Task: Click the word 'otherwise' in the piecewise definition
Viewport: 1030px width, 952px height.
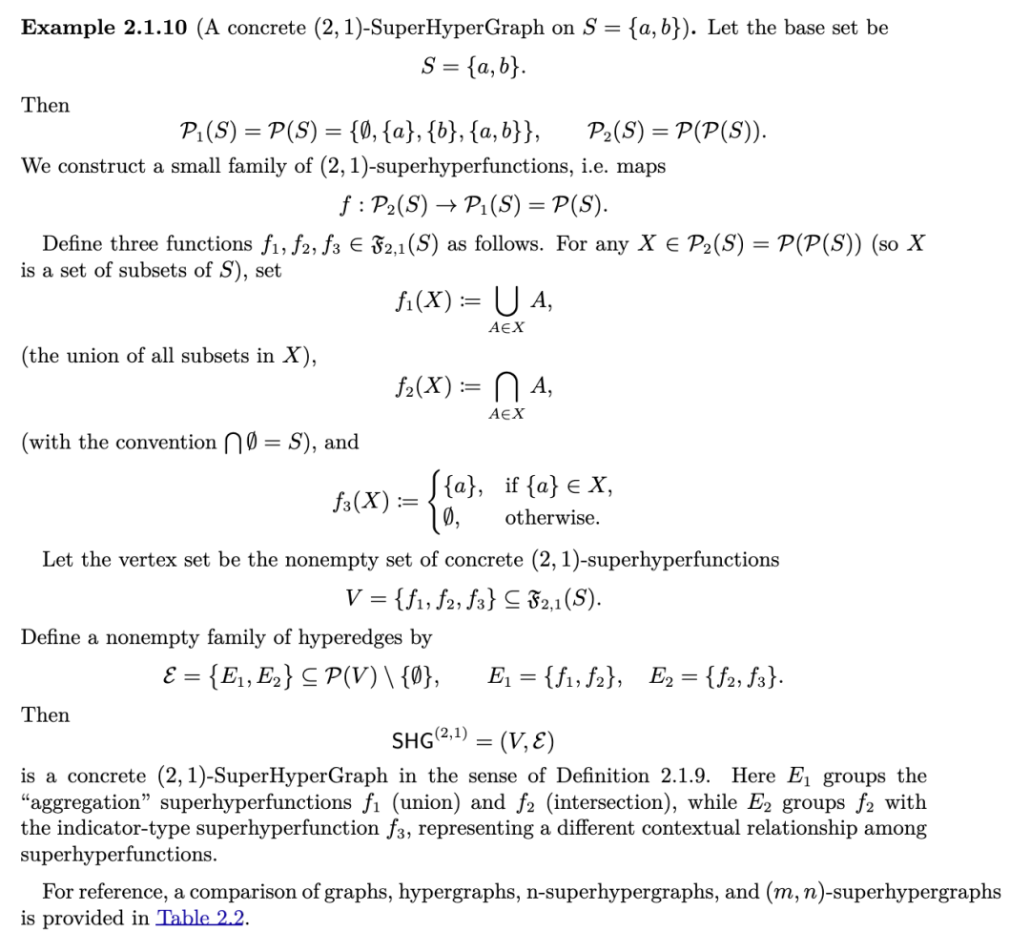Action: [x=552, y=518]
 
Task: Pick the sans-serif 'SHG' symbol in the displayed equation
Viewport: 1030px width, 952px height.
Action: [x=415, y=741]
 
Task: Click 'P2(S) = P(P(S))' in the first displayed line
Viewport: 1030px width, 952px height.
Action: [x=676, y=131]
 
